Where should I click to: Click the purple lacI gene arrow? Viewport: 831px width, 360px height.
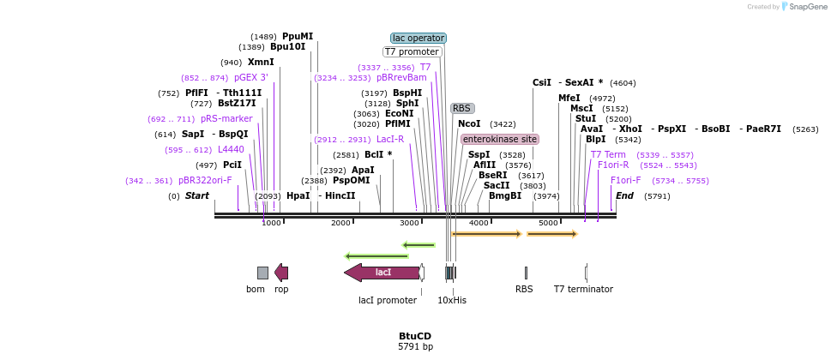382,273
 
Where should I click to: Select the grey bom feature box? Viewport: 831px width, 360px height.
262,273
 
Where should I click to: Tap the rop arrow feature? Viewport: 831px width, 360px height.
281,273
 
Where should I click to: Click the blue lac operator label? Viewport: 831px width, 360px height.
419,39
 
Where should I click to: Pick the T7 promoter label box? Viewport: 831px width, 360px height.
412,52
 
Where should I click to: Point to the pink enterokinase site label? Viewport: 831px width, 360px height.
500,139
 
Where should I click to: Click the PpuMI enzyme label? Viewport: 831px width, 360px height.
298,37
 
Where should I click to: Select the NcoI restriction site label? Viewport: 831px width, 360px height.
469,124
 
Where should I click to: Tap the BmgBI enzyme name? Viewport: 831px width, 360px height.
505,196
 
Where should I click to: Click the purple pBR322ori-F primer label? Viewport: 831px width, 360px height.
205,181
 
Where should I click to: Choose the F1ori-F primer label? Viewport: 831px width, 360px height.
626,181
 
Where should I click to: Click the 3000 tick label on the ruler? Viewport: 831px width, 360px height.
410,223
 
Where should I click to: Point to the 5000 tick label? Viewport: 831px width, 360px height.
548,223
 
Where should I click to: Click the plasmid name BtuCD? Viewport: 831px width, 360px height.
415,336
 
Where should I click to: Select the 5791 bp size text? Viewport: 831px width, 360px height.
415,347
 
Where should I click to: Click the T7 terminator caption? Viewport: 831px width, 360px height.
583,289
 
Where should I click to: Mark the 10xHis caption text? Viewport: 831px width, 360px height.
452,301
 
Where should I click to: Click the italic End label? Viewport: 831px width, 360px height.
624,196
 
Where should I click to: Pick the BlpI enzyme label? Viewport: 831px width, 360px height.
596,140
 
